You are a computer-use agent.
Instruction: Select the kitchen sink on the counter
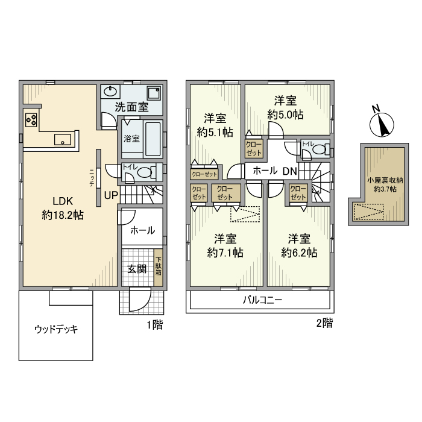pyautogui.click(x=63, y=140)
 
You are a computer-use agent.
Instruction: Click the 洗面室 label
pyautogui.click(x=131, y=107)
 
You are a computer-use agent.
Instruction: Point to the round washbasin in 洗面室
pyautogui.click(x=110, y=92)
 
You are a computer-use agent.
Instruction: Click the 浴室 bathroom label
pyautogui.click(x=131, y=139)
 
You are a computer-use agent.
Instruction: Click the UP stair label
pyautogui.click(x=111, y=195)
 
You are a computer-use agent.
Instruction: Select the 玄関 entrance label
pyautogui.click(x=137, y=269)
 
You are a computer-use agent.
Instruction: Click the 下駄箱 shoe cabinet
pyautogui.click(x=158, y=264)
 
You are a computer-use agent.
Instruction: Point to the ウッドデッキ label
pyautogui.click(x=55, y=329)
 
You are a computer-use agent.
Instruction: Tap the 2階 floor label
pyautogui.click(x=324, y=323)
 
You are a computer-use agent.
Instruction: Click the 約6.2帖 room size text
pyautogui.click(x=299, y=253)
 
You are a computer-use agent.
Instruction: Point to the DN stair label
pyautogui.click(x=290, y=171)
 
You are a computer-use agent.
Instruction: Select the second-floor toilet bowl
pyautogui.click(x=320, y=148)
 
